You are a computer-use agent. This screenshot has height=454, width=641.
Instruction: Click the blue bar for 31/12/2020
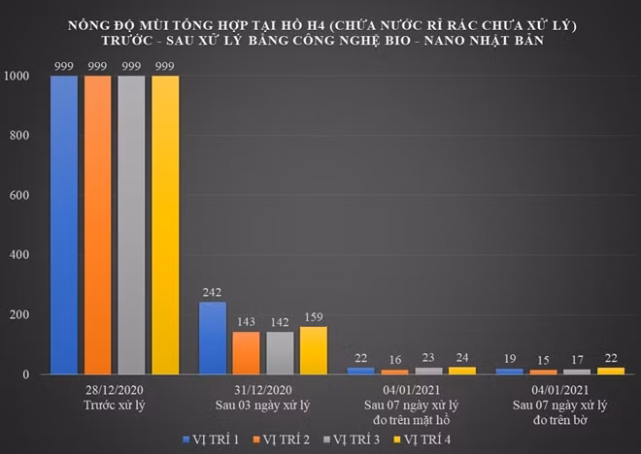point(213,338)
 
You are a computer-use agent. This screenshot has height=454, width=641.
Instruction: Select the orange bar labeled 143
point(247,353)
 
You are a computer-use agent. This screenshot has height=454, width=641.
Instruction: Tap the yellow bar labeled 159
point(314,350)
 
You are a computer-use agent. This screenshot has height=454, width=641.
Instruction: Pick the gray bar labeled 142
point(280,353)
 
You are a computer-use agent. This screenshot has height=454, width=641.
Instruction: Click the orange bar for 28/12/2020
point(98,225)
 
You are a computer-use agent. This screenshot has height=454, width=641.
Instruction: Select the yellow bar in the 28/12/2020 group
point(165,225)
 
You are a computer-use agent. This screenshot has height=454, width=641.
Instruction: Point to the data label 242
point(212,292)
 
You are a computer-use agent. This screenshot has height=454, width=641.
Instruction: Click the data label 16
point(395,360)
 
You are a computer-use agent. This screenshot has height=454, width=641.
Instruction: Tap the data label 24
point(462,358)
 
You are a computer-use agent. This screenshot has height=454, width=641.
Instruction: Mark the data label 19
point(510,359)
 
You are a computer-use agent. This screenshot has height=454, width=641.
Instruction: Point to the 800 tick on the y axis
point(19,136)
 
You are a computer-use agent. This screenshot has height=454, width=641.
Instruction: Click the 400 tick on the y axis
point(19,255)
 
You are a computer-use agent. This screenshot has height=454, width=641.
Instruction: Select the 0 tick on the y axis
point(26,374)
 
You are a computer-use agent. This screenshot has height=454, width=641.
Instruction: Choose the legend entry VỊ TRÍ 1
point(211,439)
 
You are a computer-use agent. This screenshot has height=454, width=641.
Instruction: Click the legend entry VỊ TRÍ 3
point(352,439)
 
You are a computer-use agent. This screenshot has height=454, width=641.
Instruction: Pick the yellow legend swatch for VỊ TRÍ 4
point(397,439)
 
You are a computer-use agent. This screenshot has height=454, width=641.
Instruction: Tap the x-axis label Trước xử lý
point(115,405)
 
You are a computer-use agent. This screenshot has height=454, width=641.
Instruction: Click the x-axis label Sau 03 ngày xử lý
point(263,405)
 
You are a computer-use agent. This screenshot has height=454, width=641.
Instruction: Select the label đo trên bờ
point(560,420)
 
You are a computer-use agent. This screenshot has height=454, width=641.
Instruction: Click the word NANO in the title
point(447,41)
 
